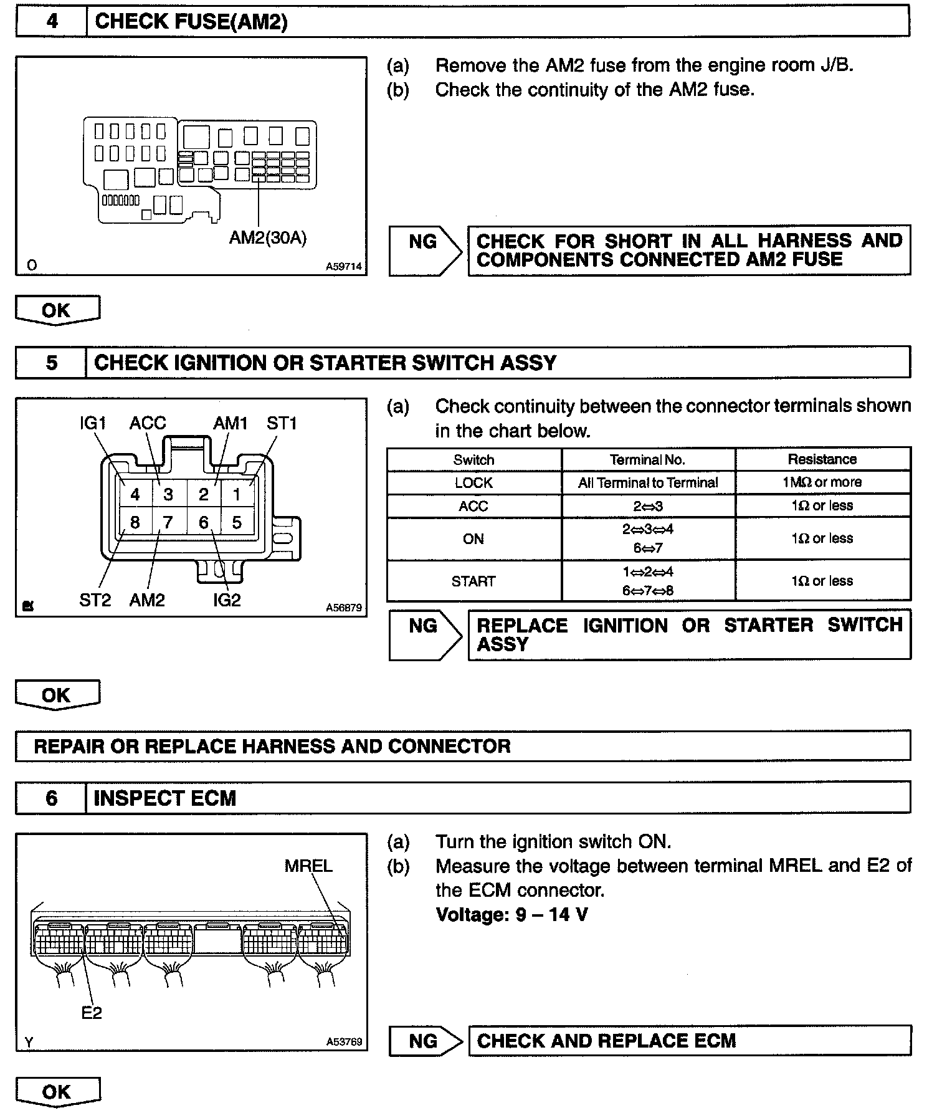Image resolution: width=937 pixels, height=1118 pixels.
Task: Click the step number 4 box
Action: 52,22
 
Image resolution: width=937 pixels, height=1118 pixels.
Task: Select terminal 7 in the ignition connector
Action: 168,522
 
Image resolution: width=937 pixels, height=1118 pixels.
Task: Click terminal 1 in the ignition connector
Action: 237,495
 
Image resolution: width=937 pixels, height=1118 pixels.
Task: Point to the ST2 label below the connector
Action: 95,600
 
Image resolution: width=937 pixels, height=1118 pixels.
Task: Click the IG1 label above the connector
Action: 93,423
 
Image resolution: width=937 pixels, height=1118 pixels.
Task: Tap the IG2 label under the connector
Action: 226,600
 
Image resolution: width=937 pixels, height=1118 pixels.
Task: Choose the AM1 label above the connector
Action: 231,423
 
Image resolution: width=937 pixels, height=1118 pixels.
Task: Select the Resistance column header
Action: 822,459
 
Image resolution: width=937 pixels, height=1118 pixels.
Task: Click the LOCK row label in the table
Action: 473,482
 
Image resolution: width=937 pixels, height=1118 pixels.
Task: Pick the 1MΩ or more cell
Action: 822,482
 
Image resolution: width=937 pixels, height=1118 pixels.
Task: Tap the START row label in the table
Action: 473,581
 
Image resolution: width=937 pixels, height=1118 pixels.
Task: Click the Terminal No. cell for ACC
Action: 648,506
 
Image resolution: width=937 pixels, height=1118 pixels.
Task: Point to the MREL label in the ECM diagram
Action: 308,866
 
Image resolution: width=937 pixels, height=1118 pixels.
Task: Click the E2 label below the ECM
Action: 92,1013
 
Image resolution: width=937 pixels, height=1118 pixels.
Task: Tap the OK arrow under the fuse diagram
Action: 57,310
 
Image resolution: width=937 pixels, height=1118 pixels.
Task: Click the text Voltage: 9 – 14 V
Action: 511,914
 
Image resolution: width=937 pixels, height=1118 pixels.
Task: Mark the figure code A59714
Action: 343,266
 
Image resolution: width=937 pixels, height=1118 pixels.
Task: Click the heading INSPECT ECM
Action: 165,798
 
